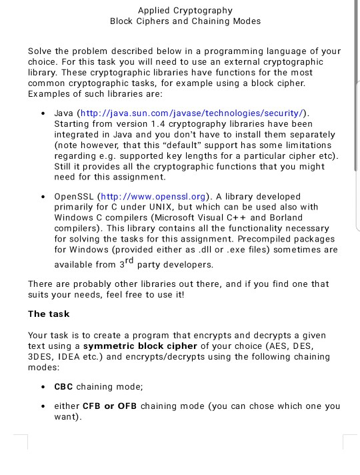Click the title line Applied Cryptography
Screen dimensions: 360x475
[185, 10]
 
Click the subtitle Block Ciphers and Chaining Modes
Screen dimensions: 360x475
[185, 21]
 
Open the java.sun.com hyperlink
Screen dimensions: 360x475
[193, 113]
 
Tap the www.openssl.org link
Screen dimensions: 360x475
[154, 197]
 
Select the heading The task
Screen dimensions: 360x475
[49, 314]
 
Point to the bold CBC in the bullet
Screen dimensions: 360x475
[64, 386]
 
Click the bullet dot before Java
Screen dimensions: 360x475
[43, 114]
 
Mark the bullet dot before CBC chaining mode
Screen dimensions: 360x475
[43, 387]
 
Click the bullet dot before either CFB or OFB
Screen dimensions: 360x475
[43, 406]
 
